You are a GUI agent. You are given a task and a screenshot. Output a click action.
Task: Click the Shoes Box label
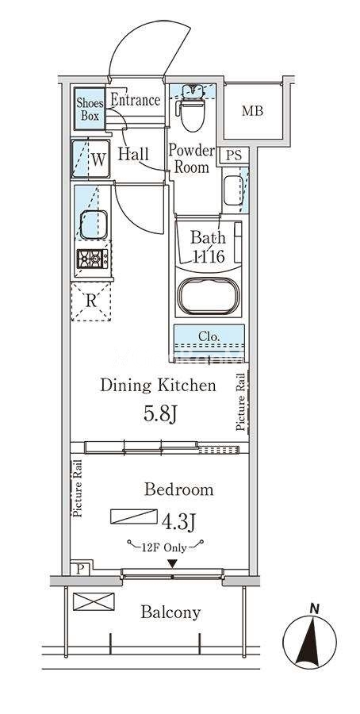point(90,109)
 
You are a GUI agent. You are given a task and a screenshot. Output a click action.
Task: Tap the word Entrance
point(136,100)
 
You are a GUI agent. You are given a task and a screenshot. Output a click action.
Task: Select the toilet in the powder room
point(193,109)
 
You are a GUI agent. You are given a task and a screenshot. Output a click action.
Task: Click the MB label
point(253,110)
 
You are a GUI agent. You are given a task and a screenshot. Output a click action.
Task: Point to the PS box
point(234,155)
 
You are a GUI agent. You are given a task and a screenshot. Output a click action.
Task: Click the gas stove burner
point(93,259)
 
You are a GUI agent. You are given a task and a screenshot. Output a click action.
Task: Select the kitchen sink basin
point(94,225)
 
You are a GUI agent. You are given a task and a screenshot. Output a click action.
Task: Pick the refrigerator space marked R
point(91,301)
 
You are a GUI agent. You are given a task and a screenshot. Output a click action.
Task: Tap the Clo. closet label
point(209,337)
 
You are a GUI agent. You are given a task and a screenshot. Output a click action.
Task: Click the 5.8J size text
point(159,413)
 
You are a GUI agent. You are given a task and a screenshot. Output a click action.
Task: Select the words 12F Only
point(166,547)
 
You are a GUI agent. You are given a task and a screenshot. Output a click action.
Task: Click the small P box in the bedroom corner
point(80,569)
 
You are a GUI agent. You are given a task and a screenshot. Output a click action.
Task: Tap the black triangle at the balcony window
point(172,564)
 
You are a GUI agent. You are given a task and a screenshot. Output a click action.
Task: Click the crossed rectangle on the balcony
point(94,601)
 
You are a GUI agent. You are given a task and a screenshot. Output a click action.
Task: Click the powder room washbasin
point(233,190)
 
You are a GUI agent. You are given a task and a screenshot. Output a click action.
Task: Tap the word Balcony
point(170,612)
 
